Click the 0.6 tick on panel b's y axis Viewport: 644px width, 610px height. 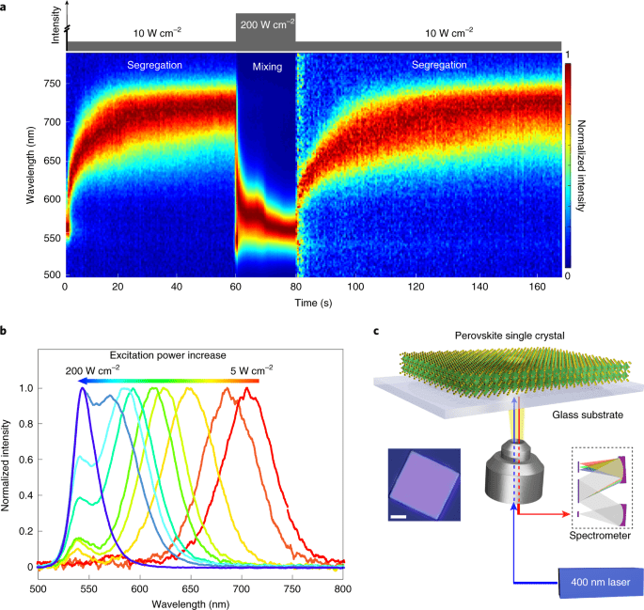[x=23, y=460]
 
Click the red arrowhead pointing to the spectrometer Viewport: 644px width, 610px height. [x=567, y=513]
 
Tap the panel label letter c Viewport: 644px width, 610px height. [x=377, y=330]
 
